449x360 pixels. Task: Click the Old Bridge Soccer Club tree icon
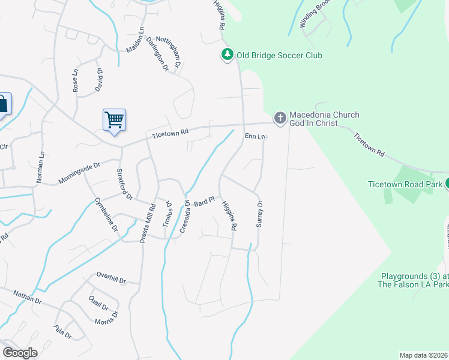pos(227,55)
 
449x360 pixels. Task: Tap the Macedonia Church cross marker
pos(280,118)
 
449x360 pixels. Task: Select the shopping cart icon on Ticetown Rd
pos(114,119)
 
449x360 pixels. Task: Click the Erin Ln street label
pos(255,137)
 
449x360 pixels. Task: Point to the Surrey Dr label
pos(261,214)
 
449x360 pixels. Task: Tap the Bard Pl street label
pos(204,202)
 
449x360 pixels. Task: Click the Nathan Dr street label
pos(28,297)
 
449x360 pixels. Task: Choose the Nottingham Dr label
pos(176,58)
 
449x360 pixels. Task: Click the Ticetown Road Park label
pos(406,184)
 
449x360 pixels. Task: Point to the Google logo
pos(20,353)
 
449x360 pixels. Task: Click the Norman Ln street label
pos(41,167)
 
